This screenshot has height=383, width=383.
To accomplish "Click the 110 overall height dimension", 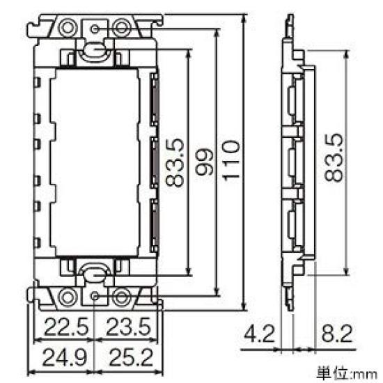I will (232, 162).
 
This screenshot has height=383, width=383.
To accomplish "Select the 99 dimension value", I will (204, 162).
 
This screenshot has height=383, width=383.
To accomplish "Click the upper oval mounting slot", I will (95, 49).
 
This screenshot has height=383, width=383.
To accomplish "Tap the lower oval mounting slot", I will (95, 274).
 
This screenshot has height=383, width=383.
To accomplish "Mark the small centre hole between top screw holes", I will (95, 28).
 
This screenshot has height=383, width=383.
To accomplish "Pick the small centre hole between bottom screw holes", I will (95, 296).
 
